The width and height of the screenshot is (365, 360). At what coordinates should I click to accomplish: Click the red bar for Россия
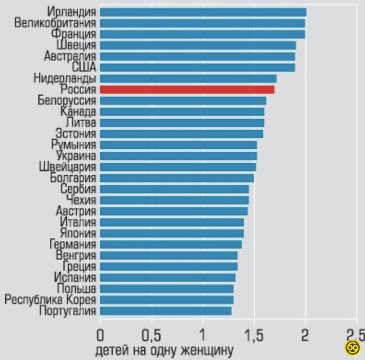pyautogui.click(x=187, y=89)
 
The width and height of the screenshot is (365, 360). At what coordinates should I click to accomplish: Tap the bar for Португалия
pyautogui.click(x=165, y=311)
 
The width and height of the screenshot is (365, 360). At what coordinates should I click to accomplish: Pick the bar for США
pyautogui.click(x=197, y=67)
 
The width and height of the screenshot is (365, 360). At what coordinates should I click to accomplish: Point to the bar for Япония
pyautogui.click(x=171, y=233)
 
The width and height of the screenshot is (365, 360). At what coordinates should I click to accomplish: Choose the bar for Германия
pyautogui.click(x=171, y=244)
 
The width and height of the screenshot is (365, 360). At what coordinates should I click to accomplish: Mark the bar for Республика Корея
pyautogui.click(x=166, y=300)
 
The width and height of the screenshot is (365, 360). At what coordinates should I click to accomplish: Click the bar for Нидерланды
pyautogui.click(x=188, y=78)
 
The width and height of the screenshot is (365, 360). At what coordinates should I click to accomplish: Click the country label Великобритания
pyautogui.click(x=55, y=23)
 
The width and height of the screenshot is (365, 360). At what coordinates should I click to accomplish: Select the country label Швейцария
pyautogui.click(x=67, y=167)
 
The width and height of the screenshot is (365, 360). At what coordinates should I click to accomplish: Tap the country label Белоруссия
pyautogui.click(x=67, y=100)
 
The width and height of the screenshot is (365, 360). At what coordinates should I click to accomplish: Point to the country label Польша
pyautogui.click(x=77, y=289)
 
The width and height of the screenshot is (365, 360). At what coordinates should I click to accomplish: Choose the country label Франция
pyautogui.click(x=74, y=34)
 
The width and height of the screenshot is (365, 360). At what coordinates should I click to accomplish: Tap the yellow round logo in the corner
pyautogui.click(x=353, y=348)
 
